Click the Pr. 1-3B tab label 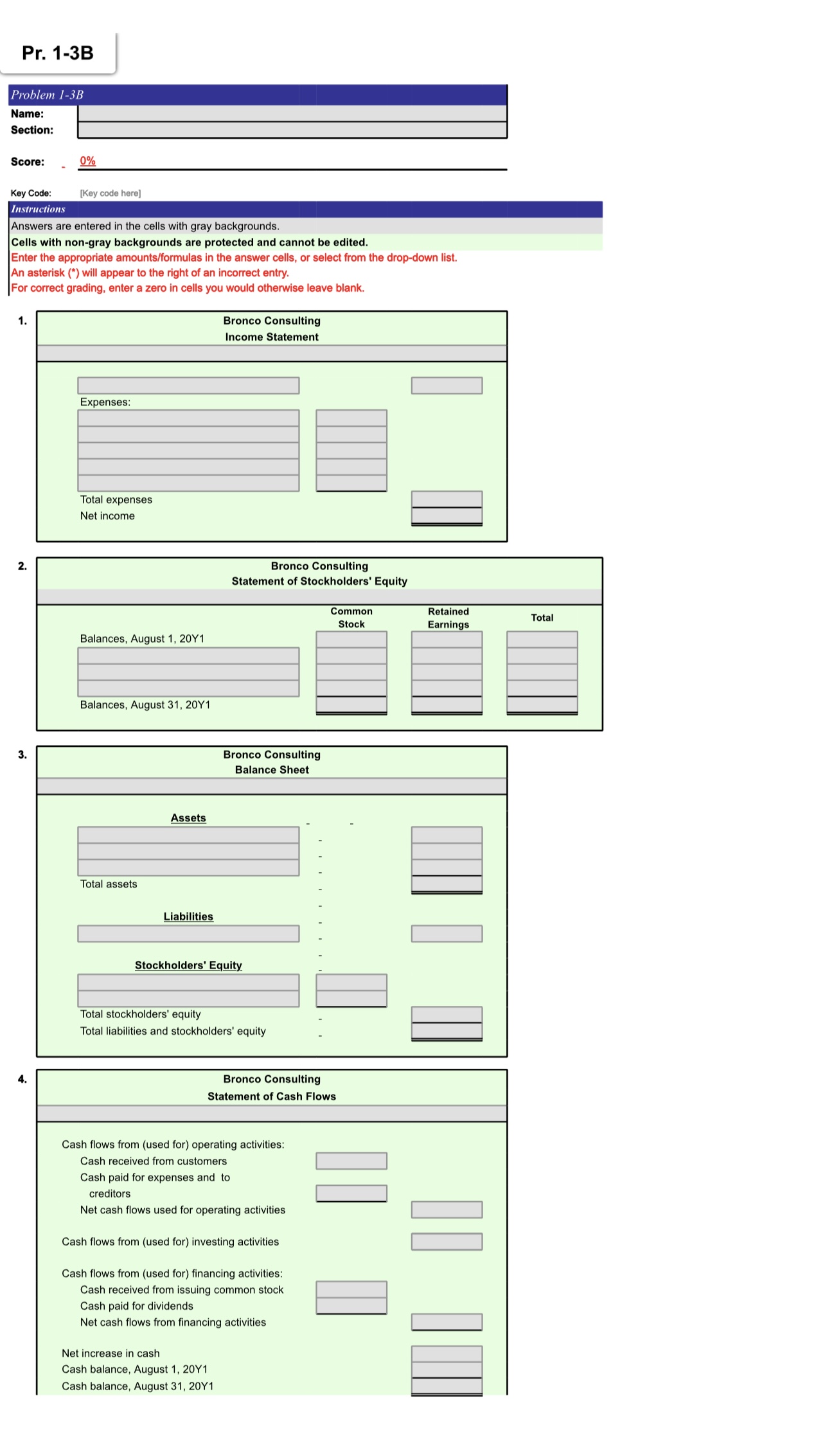click(58, 53)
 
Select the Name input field click(292, 113)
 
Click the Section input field click(292, 130)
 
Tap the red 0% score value click(87, 161)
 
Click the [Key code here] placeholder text click(110, 193)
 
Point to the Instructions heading click(38, 209)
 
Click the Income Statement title click(271, 337)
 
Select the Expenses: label click(105, 402)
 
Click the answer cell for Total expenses click(447, 499)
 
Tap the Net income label click(107, 515)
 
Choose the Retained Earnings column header click(448, 618)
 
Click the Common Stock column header click(351, 618)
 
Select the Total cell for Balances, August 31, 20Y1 click(542, 705)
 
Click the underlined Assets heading click(188, 818)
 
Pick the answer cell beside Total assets click(447, 884)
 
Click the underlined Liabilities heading click(188, 916)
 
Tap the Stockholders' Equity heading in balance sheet click(188, 965)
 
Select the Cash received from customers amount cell click(351, 1161)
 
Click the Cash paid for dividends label click(136, 1306)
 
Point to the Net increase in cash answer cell click(447, 1354)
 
